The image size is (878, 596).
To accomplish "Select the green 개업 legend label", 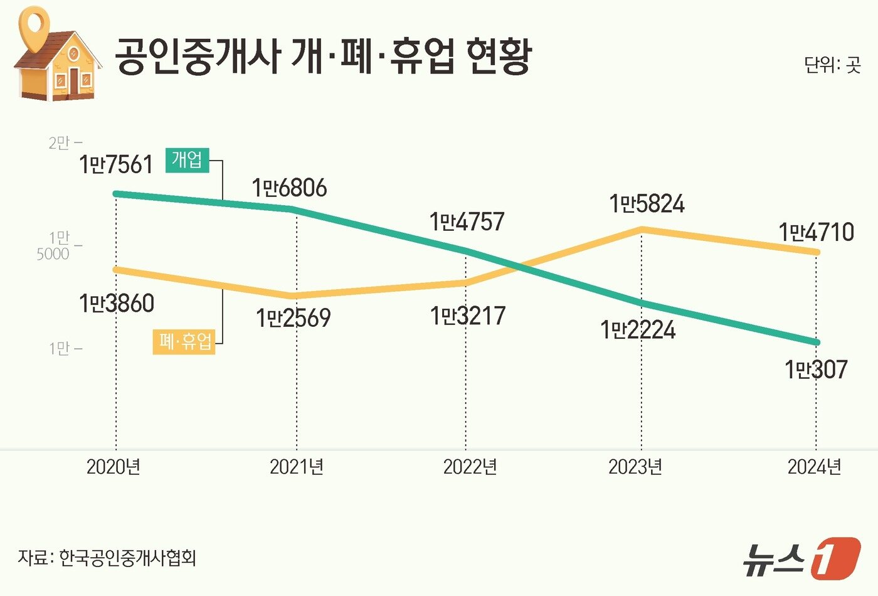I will [x=187, y=160].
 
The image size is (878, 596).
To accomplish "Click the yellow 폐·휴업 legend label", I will [x=184, y=342].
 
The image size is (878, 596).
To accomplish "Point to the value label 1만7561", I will [x=116, y=165].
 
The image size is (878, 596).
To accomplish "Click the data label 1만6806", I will [x=290, y=188].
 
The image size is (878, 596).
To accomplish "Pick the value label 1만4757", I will [x=467, y=221].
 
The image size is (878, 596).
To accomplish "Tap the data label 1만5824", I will [x=647, y=204].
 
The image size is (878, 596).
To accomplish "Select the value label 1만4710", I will [x=816, y=233].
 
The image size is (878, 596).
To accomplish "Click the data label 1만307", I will [x=816, y=369].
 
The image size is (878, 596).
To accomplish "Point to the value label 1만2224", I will [x=638, y=330].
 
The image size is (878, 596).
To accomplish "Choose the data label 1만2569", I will [x=293, y=318].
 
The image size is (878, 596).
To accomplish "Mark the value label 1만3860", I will [x=117, y=304].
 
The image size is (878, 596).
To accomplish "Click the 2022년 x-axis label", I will [x=470, y=467].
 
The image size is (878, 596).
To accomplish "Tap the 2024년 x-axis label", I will [x=814, y=467].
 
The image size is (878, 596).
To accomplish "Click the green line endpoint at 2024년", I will [x=816, y=343].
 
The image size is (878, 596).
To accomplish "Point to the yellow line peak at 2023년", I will [x=642, y=230].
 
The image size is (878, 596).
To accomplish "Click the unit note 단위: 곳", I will [x=833, y=65].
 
